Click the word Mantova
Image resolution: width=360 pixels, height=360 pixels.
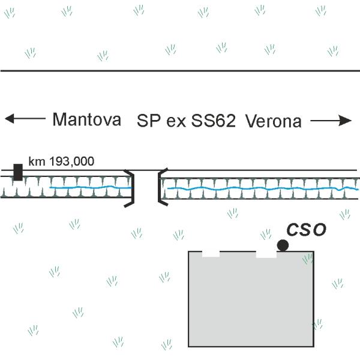(87, 119)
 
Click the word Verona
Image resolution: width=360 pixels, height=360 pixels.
(274, 121)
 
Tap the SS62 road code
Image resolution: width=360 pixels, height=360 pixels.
(214, 121)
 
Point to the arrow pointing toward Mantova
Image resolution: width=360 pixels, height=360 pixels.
(25, 118)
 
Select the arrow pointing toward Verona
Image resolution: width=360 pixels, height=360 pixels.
(331, 121)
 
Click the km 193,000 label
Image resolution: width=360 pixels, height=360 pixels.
(61, 161)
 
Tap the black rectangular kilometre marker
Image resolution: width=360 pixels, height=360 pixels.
(18, 172)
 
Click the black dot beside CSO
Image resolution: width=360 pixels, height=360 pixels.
(283, 245)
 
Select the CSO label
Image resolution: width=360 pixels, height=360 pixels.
(307, 230)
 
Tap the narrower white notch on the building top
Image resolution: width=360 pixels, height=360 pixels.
(211, 254)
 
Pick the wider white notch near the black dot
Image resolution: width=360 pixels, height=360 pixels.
(266, 254)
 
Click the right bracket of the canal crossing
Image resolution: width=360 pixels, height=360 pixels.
(159, 187)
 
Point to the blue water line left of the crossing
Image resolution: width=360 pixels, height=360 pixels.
(91, 188)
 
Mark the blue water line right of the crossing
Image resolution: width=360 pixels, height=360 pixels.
(263, 189)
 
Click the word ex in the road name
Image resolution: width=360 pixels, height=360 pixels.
(176, 123)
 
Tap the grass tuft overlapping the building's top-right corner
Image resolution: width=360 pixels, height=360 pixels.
(308, 259)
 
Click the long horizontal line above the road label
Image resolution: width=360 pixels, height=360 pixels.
(180, 71)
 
